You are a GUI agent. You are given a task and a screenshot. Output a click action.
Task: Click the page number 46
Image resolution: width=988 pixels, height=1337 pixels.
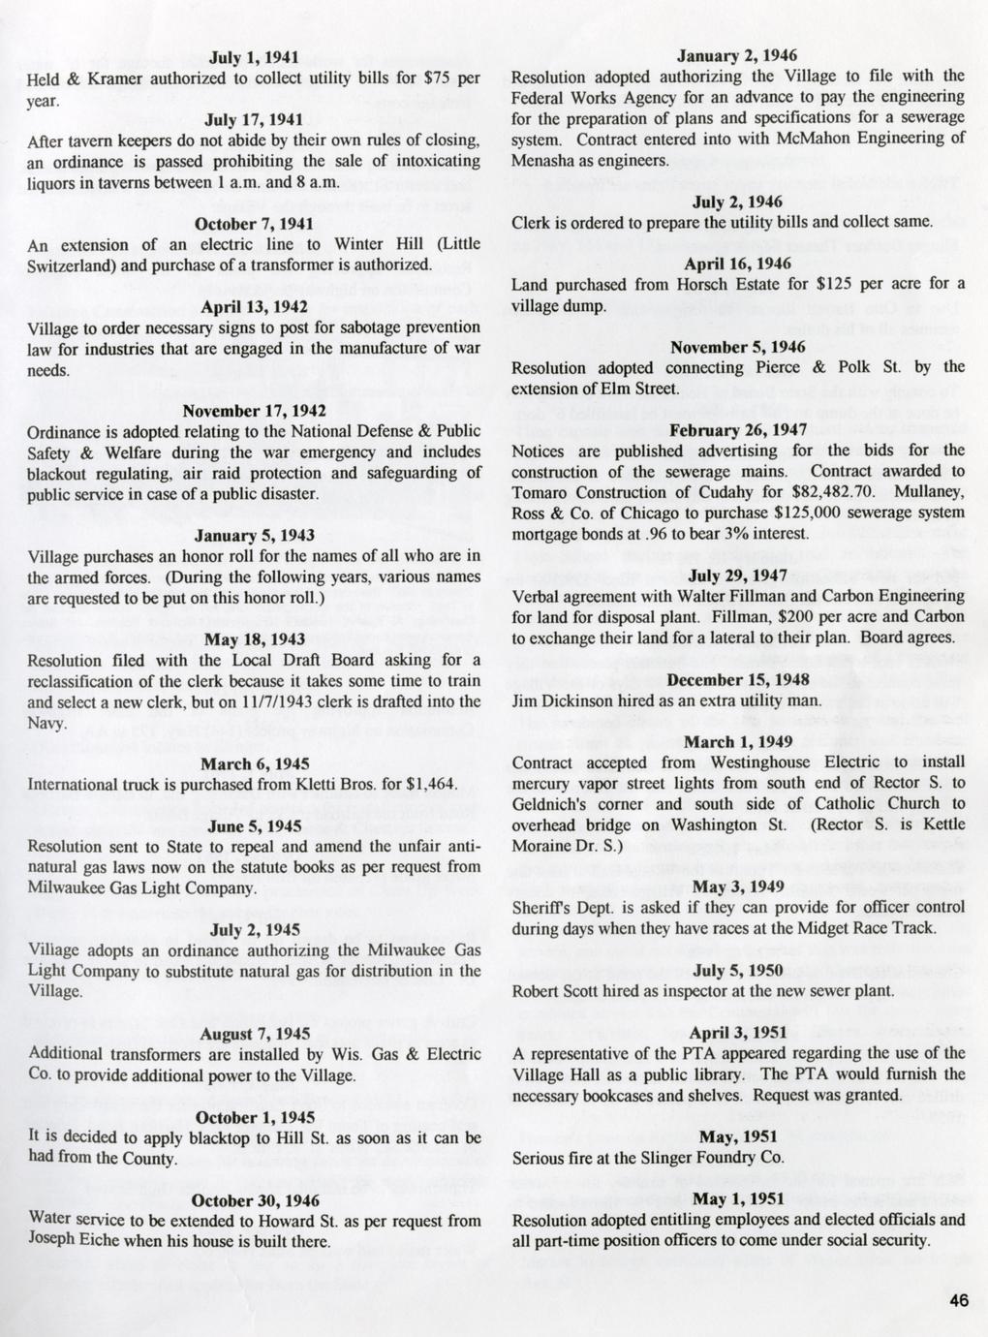click(x=958, y=1301)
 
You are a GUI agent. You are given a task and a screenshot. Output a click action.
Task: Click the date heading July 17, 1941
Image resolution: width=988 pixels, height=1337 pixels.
click(x=254, y=119)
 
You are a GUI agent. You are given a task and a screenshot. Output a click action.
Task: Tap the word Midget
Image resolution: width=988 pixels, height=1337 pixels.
click(x=792, y=928)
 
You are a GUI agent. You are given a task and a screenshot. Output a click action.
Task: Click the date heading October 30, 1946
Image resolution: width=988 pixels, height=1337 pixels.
click(x=254, y=1199)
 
